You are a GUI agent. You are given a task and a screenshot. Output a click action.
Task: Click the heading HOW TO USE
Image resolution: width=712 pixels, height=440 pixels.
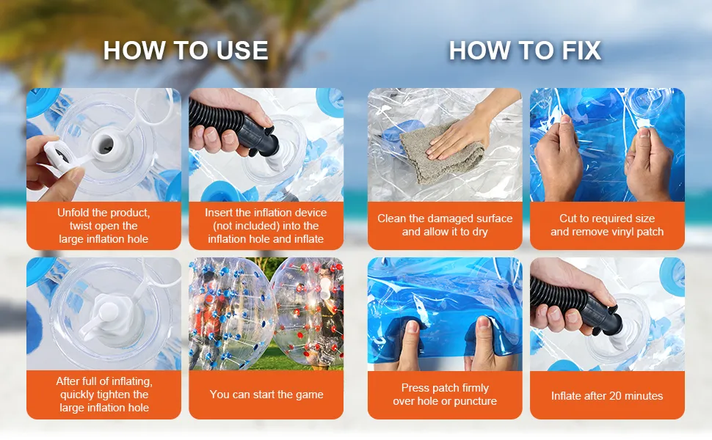[186, 50]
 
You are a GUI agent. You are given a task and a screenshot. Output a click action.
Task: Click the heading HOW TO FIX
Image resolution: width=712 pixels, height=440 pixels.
[525, 50]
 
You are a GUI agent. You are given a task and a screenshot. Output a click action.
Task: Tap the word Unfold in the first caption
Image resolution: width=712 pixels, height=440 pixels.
[73, 212]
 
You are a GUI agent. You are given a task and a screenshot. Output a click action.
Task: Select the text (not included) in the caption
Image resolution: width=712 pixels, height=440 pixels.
[266, 225]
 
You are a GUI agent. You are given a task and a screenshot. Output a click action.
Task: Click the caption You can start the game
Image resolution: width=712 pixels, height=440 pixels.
[266, 395]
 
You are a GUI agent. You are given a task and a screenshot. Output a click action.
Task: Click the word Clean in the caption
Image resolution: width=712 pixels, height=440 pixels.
[391, 219]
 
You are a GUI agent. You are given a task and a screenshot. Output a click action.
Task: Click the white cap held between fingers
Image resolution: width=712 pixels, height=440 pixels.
[57, 155]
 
